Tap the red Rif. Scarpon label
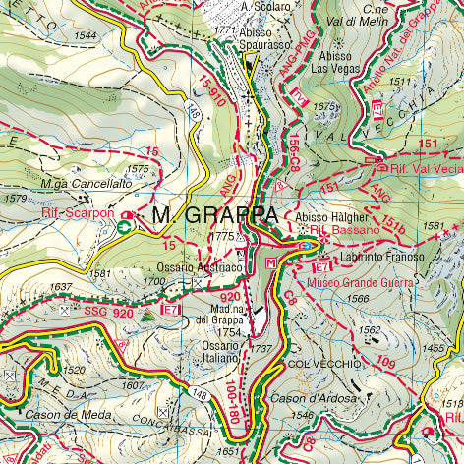[x=78, y=211]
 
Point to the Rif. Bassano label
[x=344, y=230]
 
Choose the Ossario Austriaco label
[x=200, y=267]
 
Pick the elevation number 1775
[x=222, y=237]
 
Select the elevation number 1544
[x=85, y=36]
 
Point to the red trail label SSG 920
[x=107, y=312]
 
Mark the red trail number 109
[x=386, y=364]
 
